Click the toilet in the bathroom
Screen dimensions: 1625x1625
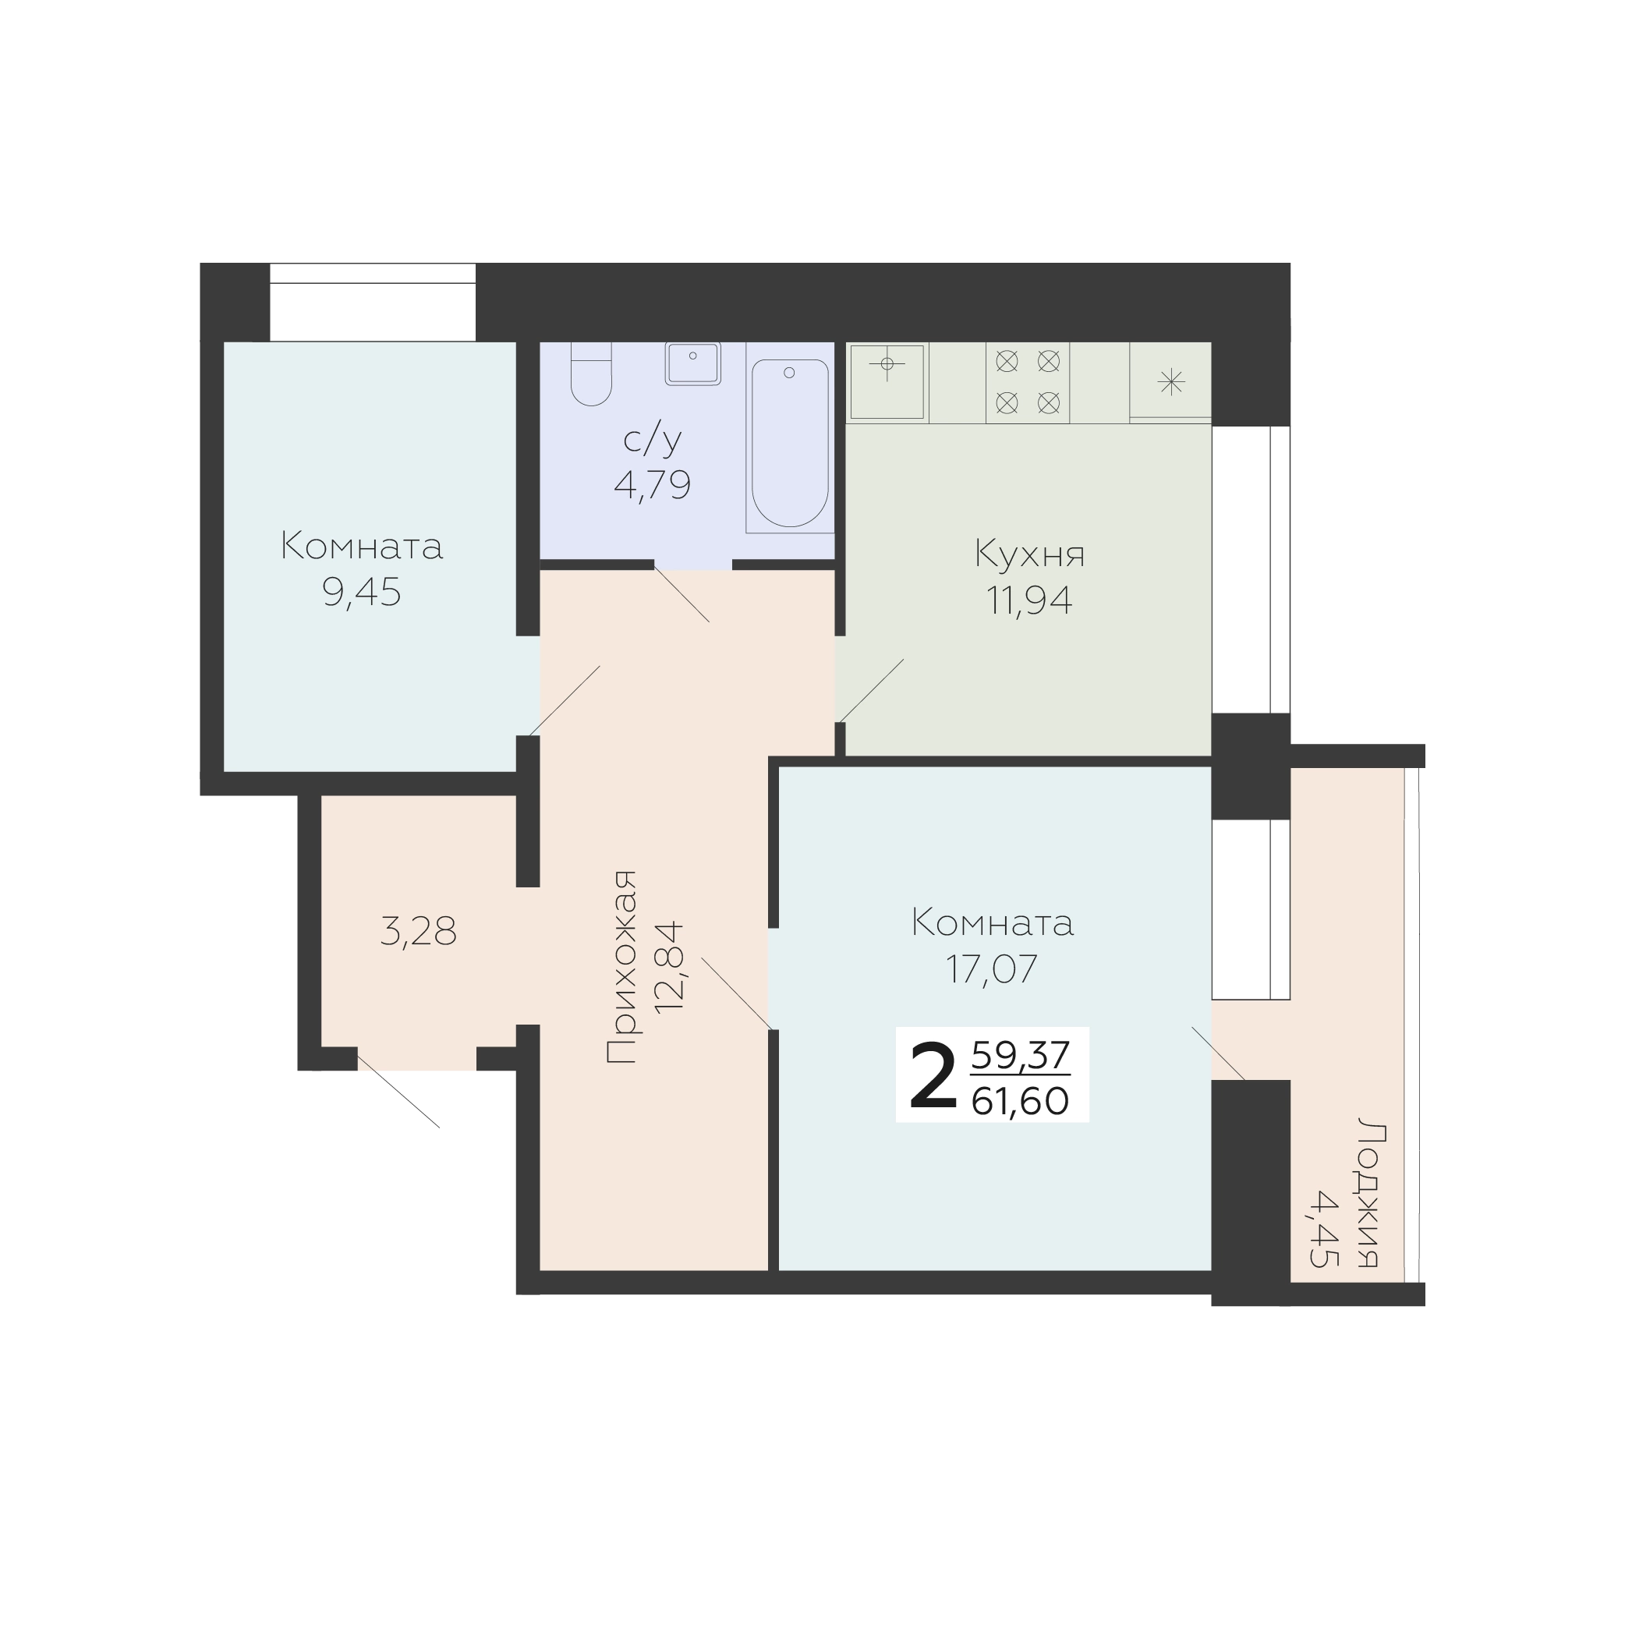tap(590, 374)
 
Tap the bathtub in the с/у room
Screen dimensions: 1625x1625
tap(790, 443)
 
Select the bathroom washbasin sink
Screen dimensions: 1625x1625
tap(693, 363)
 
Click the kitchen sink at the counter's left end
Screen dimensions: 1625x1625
tap(887, 382)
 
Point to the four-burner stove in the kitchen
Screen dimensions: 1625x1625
tap(1028, 382)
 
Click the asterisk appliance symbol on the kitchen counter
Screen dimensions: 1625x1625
tap(1171, 383)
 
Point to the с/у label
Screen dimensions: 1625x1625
tap(653, 440)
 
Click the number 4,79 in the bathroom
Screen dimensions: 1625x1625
tap(653, 485)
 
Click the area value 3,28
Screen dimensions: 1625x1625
tap(418, 932)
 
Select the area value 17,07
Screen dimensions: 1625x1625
tap(993, 969)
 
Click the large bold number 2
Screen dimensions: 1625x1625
tap(933, 1077)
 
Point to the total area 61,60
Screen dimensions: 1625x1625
tap(1020, 1101)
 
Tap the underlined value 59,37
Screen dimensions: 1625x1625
tap(1020, 1056)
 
